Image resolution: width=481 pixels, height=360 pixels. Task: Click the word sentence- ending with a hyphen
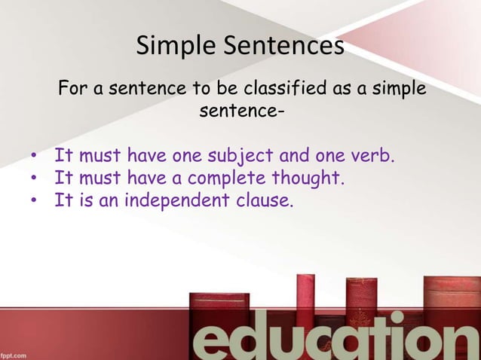click(x=241, y=113)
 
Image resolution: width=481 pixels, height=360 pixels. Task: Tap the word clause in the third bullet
click(x=262, y=201)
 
